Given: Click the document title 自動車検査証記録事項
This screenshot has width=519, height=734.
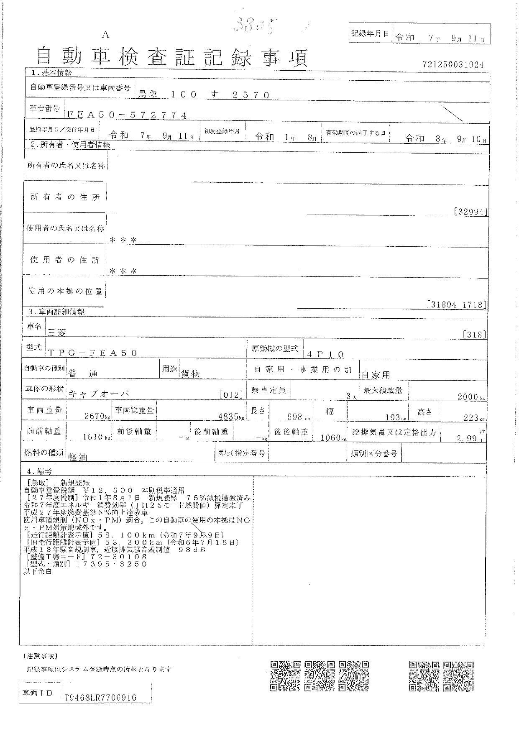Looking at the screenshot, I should pyautogui.click(x=172, y=57).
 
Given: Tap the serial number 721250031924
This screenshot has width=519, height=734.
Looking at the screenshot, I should pyautogui.click(x=453, y=65).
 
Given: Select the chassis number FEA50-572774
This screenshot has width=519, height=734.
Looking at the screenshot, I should pyautogui.click(x=127, y=115).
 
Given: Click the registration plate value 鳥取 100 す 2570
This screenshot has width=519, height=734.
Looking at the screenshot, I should pyautogui.click(x=204, y=95).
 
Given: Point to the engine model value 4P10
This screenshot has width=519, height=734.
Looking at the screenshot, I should pyautogui.click(x=325, y=354).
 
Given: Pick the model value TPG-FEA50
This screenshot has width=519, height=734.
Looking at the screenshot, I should pyautogui.click(x=93, y=353).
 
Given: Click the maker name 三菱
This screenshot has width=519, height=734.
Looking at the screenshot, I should pyautogui.click(x=57, y=332).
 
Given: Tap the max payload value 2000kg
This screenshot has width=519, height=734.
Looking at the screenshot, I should pyautogui.click(x=471, y=396).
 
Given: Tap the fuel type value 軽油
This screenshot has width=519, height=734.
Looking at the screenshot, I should pyautogui.click(x=78, y=457).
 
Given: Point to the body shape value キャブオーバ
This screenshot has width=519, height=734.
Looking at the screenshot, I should pyautogui.click(x=99, y=394).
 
